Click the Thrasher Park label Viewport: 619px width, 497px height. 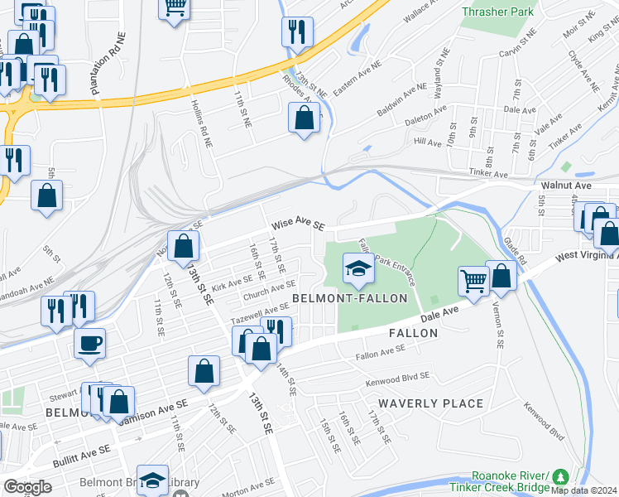(x=498, y=12)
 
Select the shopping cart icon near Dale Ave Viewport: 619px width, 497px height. (x=473, y=280)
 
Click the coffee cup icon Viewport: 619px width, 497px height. (x=89, y=342)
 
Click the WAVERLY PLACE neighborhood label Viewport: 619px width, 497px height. (x=431, y=403)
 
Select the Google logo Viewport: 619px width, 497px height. (x=27, y=487)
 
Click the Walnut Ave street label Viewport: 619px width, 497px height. (x=564, y=186)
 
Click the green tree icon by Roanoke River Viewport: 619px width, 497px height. (x=561, y=476)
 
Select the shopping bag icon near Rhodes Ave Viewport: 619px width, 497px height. (x=304, y=118)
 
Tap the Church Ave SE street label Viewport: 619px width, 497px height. (x=263, y=295)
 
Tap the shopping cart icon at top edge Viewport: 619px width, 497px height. (x=175, y=7)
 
